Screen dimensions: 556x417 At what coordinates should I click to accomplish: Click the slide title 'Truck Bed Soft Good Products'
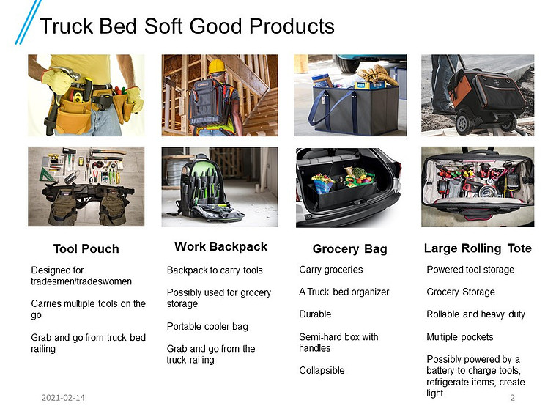point(187,26)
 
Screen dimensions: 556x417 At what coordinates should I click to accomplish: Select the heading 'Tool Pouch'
point(86,248)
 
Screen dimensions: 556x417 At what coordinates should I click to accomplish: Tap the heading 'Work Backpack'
point(220,246)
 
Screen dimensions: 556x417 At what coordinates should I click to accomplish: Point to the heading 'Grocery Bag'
point(349,248)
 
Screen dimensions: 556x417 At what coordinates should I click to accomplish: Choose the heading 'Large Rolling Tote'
point(478,248)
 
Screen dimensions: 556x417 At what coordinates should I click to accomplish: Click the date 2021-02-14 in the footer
point(63,398)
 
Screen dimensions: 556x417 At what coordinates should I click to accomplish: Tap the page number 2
point(512,398)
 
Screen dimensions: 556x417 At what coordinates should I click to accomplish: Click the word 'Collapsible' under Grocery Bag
point(322,371)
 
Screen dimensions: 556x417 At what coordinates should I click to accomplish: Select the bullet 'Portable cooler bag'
point(207,327)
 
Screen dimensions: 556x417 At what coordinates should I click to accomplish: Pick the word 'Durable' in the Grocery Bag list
point(315,314)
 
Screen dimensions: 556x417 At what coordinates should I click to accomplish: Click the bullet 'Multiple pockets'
point(460,337)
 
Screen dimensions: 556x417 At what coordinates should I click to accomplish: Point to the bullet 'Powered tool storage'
point(470,270)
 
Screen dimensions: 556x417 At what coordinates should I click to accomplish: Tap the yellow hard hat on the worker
point(217,66)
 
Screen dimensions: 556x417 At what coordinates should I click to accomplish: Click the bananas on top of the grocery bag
point(376,75)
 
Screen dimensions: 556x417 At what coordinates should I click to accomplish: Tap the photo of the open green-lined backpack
point(220,187)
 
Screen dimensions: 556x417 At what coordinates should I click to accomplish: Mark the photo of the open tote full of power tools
point(478,187)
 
